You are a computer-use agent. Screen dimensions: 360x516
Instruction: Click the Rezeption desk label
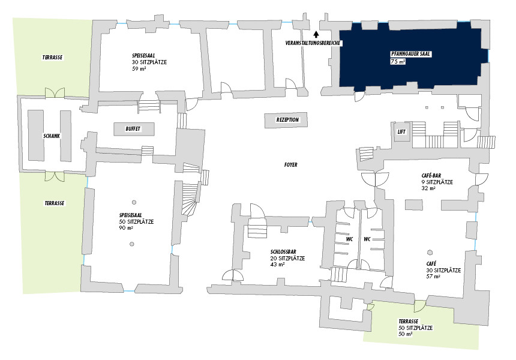[x=287, y=120]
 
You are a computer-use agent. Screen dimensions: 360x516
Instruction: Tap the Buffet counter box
[x=134, y=129]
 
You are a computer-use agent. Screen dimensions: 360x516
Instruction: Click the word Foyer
[x=291, y=164]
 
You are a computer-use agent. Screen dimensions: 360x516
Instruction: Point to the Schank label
[x=51, y=136]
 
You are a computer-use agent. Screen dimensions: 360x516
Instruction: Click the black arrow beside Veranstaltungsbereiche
[x=316, y=34]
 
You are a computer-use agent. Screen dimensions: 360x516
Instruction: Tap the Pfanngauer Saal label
[x=411, y=54]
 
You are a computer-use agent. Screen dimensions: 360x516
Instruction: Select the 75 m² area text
[x=398, y=62]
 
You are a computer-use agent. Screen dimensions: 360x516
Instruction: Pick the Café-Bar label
[x=431, y=175]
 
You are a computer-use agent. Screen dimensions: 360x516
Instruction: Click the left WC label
[x=349, y=239]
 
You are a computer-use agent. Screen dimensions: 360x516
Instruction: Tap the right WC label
[x=367, y=239]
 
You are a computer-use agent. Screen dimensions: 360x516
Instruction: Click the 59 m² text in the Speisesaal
[x=139, y=70]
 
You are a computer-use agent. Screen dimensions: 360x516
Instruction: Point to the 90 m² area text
[x=126, y=228]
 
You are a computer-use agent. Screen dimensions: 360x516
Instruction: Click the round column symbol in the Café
[x=430, y=252]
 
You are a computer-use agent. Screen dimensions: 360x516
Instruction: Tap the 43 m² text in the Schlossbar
[x=277, y=265]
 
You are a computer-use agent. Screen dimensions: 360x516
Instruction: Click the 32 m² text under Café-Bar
[x=428, y=188]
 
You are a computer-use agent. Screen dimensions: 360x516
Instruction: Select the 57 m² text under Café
[x=433, y=277]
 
